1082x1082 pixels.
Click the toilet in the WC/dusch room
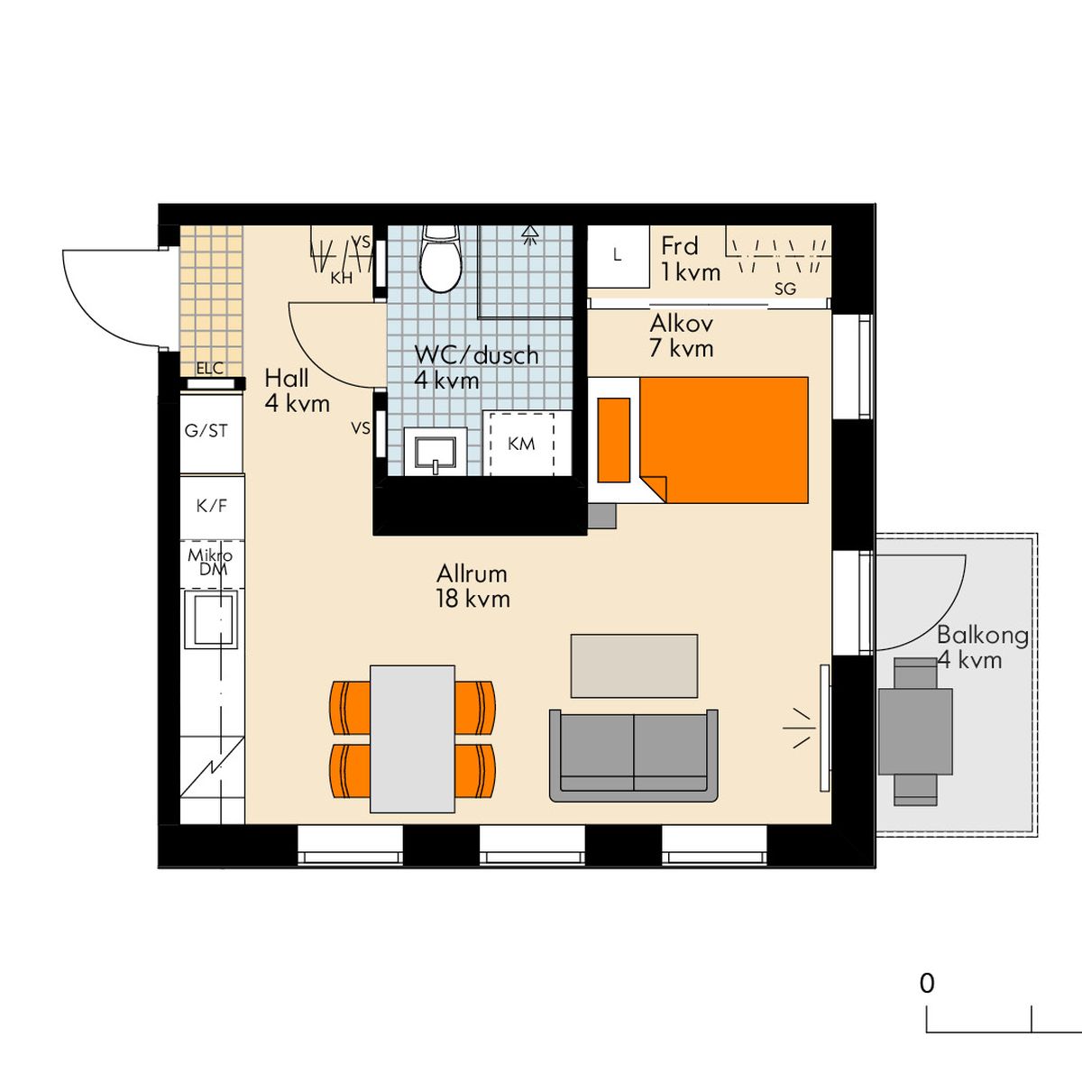pyautogui.click(x=441, y=259)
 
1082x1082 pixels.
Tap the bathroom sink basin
pyautogui.click(x=435, y=453)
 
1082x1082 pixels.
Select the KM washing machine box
pyautogui.click(x=522, y=444)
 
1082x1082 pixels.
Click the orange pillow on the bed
pyautogui.click(x=614, y=440)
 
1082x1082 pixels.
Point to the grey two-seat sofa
pyautogui.click(x=633, y=755)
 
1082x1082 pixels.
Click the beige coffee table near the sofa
pyautogui.click(x=635, y=666)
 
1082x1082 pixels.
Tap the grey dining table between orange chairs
pyautogui.click(x=412, y=739)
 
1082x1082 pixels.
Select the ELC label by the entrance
pyautogui.click(x=209, y=369)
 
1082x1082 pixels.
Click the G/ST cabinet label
pyautogui.click(x=206, y=431)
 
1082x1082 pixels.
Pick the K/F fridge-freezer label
pyautogui.click(x=212, y=506)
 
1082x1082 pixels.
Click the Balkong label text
pyautogui.click(x=983, y=635)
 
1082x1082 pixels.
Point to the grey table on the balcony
pyautogui.click(x=915, y=732)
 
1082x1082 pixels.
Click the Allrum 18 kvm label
pyautogui.click(x=473, y=586)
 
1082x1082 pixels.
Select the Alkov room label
pyautogui.click(x=682, y=324)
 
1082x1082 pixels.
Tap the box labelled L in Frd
pyautogui.click(x=618, y=257)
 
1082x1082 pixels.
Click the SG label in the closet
pyautogui.click(x=785, y=289)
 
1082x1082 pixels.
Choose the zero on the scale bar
pyautogui.click(x=927, y=999)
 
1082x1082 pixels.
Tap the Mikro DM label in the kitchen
pyautogui.click(x=210, y=562)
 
